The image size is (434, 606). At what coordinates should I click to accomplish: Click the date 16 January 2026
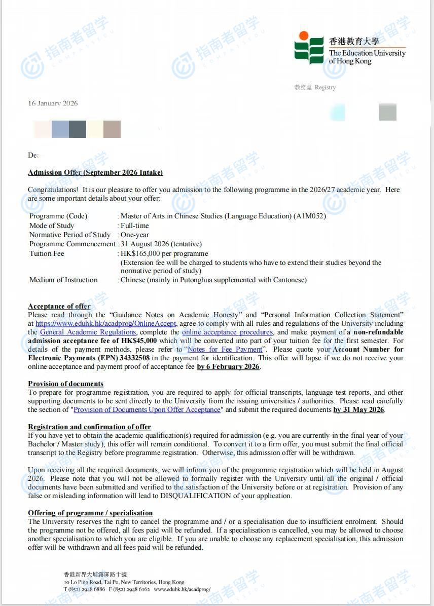tap(53, 103)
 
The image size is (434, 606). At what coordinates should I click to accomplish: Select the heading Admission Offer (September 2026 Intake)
tap(95, 172)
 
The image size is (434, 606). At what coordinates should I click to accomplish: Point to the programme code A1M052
tap(309, 216)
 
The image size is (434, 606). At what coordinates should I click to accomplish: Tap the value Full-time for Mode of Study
tap(135, 225)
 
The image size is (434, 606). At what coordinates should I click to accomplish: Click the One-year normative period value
tap(135, 235)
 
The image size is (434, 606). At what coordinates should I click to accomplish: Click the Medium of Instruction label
tap(63, 280)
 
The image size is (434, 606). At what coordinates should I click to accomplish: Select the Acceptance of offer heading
tap(59, 306)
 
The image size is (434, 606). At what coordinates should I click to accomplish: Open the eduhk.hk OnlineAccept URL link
tap(106, 323)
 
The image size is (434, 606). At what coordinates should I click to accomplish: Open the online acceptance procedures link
tap(228, 332)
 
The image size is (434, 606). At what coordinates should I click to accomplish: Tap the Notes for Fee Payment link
tap(225, 349)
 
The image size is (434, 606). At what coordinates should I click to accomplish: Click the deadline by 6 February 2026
tap(228, 366)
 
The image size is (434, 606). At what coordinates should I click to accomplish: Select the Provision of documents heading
tap(66, 384)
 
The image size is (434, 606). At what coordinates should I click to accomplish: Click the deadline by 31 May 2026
tap(359, 409)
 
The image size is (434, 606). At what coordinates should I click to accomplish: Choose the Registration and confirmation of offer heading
tap(90, 427)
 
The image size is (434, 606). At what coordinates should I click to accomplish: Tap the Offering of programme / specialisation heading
tap(90, 513)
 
